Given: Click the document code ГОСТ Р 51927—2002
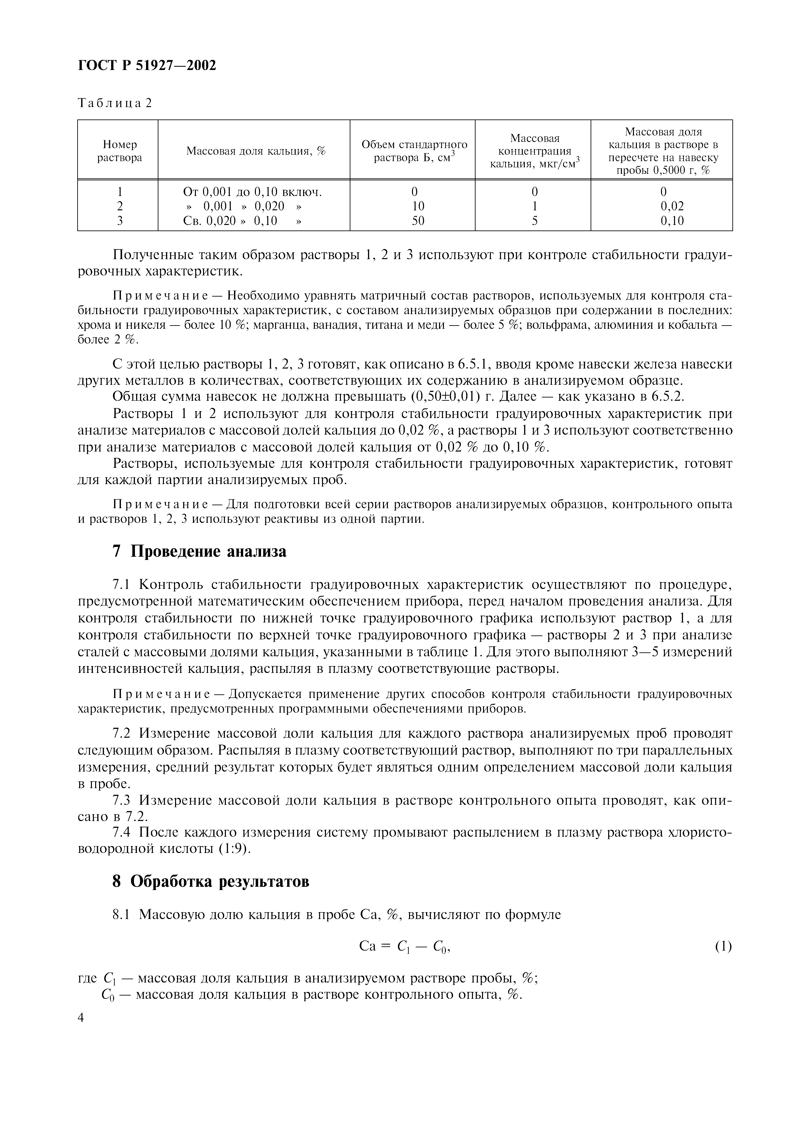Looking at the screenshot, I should click(147, 65).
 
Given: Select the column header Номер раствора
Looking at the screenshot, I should click(120, 151).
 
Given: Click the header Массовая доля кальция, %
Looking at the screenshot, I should click(256, 151).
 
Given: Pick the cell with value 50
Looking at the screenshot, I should click(418, 221).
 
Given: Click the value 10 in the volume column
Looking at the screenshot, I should click(418, 206).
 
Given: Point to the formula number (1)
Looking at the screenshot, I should click(723, 947).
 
